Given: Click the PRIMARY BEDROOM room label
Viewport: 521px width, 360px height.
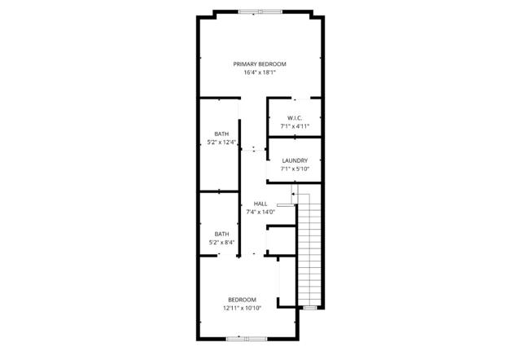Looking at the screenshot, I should click(260, 64).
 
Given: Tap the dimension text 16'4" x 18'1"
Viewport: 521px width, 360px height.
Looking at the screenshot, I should click(260, 72).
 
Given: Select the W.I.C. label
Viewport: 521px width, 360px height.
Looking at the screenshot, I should click(295, 118).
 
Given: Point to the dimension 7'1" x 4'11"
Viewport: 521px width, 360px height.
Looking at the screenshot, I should click(295, 126).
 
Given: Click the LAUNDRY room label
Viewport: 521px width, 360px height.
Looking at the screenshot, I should click(295, 160).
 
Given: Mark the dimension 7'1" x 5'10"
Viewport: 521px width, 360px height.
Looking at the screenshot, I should click(295, 169).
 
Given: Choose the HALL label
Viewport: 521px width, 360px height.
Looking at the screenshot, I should click(260, 204).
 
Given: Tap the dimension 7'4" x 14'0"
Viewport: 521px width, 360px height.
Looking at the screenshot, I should click(260, 212).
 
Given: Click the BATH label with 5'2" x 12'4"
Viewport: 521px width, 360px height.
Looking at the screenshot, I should click(221, 134).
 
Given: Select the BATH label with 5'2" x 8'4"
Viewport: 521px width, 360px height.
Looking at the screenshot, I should click(221, 233).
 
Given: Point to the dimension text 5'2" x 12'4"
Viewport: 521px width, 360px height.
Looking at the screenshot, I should click(221, 143).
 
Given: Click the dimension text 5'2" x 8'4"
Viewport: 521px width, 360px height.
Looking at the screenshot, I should click(221, 241).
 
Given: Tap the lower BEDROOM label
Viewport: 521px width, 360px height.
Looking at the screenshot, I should click(242, 300).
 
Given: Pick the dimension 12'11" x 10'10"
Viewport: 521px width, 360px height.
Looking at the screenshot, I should click(242, 308).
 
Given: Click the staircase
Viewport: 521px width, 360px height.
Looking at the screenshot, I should click(309, 252).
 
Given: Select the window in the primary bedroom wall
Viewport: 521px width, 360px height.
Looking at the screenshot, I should click(261, 11).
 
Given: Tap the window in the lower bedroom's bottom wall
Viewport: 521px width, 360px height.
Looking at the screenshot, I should click(241, 338).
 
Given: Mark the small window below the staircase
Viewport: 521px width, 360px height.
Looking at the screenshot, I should click(309, 308).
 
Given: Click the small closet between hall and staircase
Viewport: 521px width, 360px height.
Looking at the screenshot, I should click(281, 239).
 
